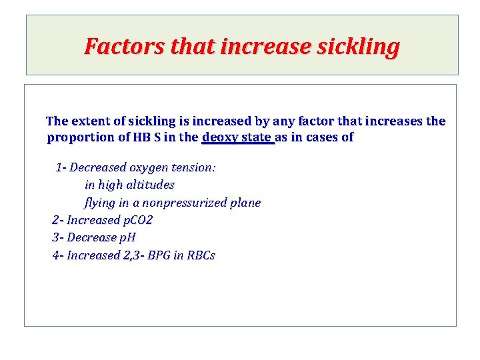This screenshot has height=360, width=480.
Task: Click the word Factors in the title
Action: coord(125,47)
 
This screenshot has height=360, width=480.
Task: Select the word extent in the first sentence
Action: coord(90,121)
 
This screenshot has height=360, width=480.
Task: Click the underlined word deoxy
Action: coord(219,138)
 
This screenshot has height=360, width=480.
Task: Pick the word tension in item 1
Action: coord(195,167)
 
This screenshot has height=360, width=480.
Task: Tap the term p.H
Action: coord(127,238)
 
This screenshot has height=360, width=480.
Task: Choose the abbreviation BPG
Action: coord(159,255)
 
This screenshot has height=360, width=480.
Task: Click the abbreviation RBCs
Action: coord(201,255)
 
